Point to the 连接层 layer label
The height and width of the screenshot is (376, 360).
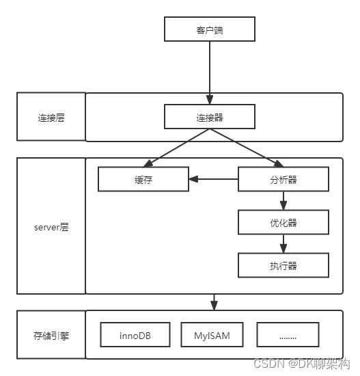(51, 118)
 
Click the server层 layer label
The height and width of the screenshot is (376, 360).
(51, 227)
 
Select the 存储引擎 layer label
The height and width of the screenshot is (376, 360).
(51, 336)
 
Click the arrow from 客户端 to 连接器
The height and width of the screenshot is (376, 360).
(210, 72)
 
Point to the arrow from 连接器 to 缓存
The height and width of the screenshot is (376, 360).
(176, 148)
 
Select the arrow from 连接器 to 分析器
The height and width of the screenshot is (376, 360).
(247, 148)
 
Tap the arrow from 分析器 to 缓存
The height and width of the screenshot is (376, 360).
(213, 179)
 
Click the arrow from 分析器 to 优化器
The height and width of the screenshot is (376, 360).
(283, 201)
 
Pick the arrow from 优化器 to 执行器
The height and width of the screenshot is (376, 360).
(283, 243)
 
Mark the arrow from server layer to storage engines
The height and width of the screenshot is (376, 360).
(214, 302)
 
